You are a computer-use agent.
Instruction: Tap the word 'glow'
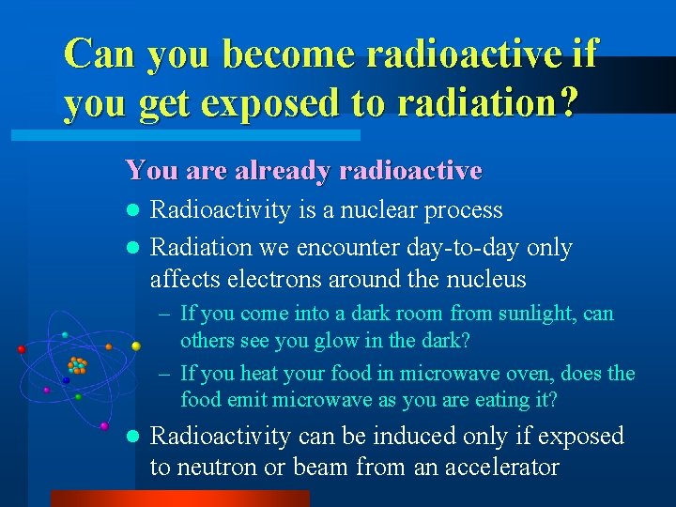pos(324,339)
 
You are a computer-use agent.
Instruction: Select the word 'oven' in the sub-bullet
pos(523,374)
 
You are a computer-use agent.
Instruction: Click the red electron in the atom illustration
pos(21,349)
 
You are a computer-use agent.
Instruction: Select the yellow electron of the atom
pos(136,346)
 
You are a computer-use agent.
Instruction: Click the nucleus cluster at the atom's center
pos(77,364)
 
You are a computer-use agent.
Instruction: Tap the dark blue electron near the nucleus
pos(65,380)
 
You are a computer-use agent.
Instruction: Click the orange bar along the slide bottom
pos(178,498)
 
